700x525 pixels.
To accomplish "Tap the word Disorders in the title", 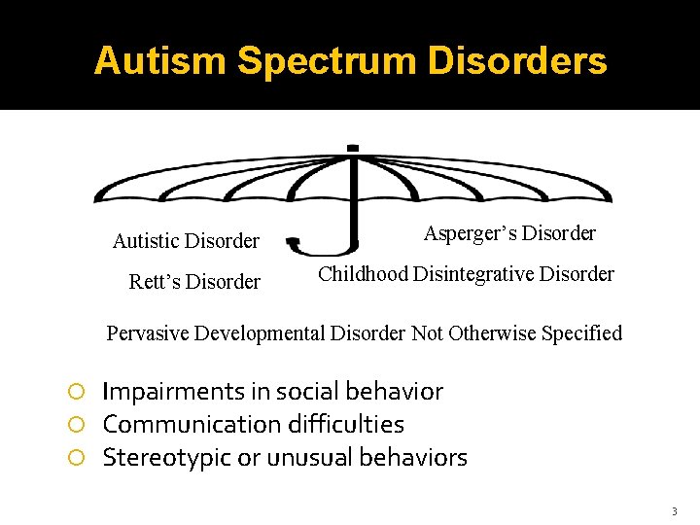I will (521, 60).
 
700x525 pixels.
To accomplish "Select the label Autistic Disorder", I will (186, 240).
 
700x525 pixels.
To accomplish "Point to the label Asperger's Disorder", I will (509, 233).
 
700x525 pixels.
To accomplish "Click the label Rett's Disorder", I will (194, 282).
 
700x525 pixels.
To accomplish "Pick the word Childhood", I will (363, 274).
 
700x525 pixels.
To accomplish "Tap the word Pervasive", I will (148, 333).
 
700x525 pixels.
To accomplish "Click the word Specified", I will (580, 333).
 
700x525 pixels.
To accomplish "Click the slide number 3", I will (674, 510).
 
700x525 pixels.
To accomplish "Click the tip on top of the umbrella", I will (352, 149).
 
